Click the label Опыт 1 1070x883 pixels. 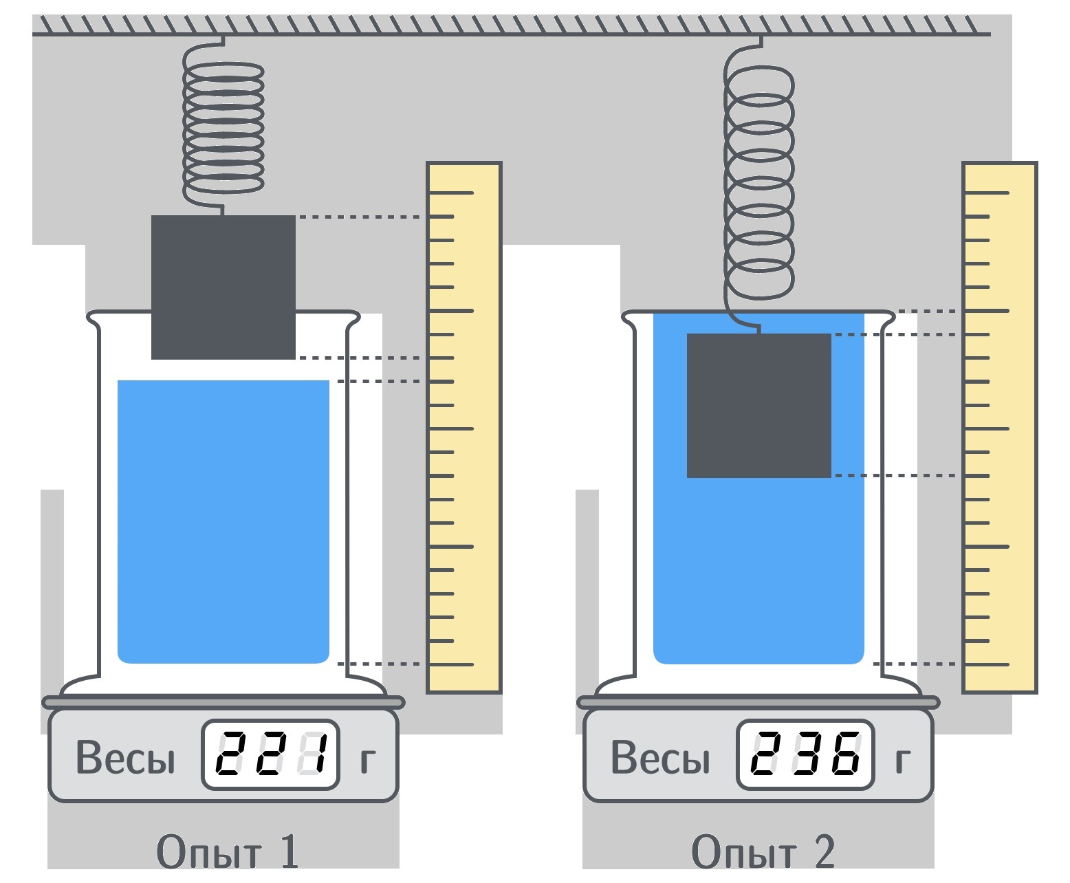tap(227, 851)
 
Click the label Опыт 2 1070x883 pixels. tap(763, 851)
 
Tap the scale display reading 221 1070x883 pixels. tap(270, 754)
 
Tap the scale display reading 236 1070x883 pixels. tap(805, 754)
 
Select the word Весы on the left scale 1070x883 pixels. tap(126, 756)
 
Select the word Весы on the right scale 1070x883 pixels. tap(660, 756)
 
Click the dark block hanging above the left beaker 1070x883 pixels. tap(223, 287)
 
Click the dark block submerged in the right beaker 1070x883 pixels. tap(759, 405)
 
